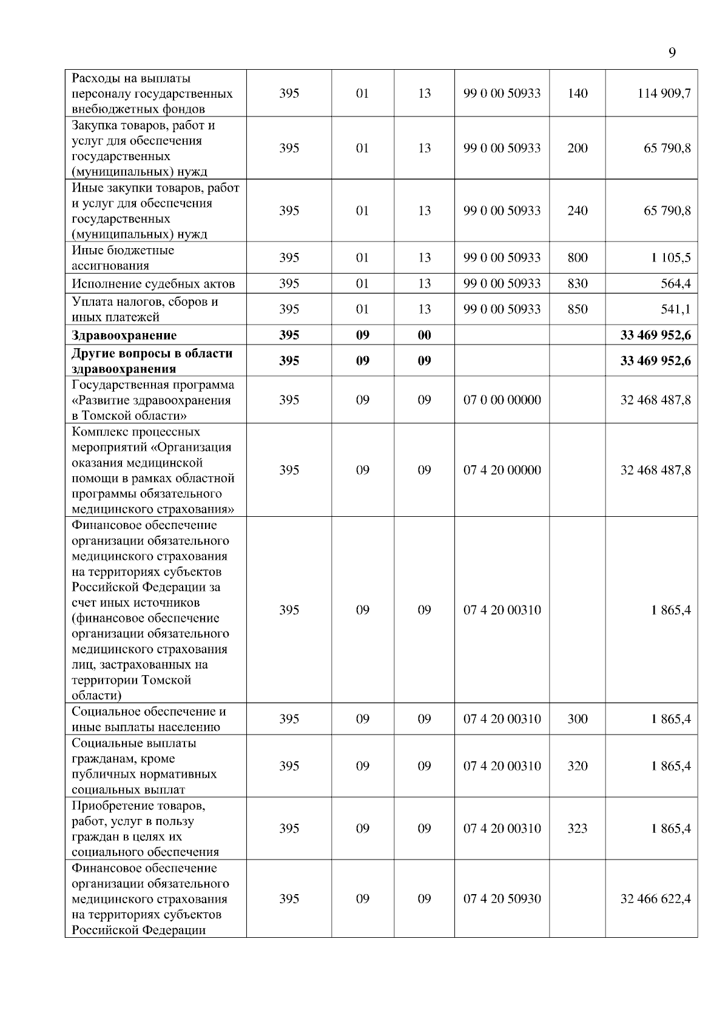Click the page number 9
pos(672,52)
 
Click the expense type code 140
pos(577,93)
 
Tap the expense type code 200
pos(577,148)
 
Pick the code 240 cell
pos(577,210)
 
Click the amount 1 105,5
pos(670,258)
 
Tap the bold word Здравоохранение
pos(124,335)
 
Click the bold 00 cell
pos(424,335)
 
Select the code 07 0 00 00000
pos(502,400)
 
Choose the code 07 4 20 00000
pos(502,470)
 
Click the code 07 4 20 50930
pos(502,899)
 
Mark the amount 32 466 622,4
pos(655,899)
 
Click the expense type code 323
pos(577,829)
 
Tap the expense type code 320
pos(577,766)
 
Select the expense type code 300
pos(577,719)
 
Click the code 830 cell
pos(577,283)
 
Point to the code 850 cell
pos(577,309)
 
